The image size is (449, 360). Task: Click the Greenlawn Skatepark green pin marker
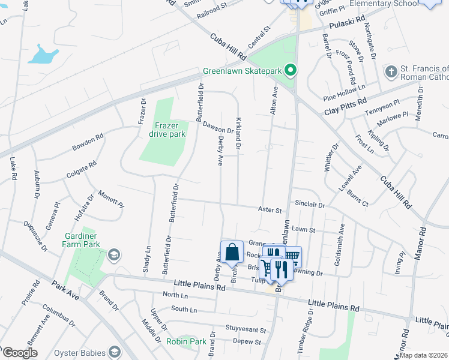point(291,71)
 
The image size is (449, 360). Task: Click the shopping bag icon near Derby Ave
point(232,253)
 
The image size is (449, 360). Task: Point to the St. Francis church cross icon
point(390,72)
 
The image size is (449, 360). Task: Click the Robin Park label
point(186,341)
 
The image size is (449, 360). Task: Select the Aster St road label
point(270,210)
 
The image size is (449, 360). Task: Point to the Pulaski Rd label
point(348,22)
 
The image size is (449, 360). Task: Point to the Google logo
point(20,353)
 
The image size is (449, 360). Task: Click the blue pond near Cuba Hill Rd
point(43,55)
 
